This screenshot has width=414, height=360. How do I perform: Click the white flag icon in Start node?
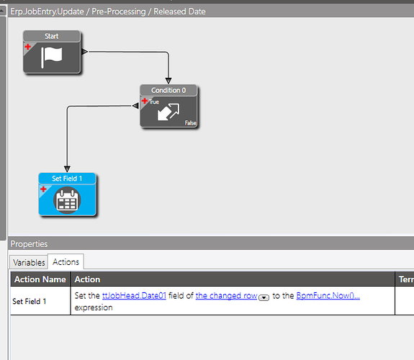pos(52,58)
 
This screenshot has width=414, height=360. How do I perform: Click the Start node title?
pos(52,36)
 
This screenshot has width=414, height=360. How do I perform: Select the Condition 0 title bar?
pos(168,90)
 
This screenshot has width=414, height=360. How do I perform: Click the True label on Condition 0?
pos(153,102)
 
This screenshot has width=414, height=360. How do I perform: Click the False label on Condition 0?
pos(190,123)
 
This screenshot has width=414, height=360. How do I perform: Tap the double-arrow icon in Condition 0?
pos(168,112)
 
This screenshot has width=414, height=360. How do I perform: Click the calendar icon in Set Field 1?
pos(67,200)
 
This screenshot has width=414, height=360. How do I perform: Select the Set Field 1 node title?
pos(67,179)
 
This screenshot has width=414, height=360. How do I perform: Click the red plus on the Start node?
pos(28,47)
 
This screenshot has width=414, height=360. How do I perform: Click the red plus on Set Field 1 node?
pos(43,189)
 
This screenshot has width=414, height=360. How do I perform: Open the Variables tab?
pos(29,262)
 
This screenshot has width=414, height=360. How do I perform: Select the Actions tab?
pos(66,262)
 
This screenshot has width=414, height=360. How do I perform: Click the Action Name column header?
pos(40,279)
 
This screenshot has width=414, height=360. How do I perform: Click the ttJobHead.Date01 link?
pos(134,295)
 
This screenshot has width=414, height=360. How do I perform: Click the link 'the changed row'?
pos(226,295)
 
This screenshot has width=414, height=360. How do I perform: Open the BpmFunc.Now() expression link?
pos(328,295)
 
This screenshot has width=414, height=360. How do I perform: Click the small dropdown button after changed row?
pos(264,297)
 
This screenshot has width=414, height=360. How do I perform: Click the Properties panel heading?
pos(29,244)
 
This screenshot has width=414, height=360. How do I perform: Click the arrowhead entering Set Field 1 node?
pos(67,169)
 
